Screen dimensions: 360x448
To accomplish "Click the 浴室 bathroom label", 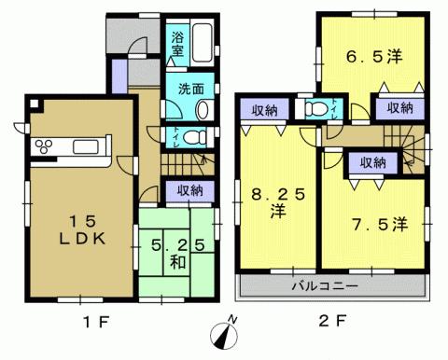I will pos(177,44).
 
